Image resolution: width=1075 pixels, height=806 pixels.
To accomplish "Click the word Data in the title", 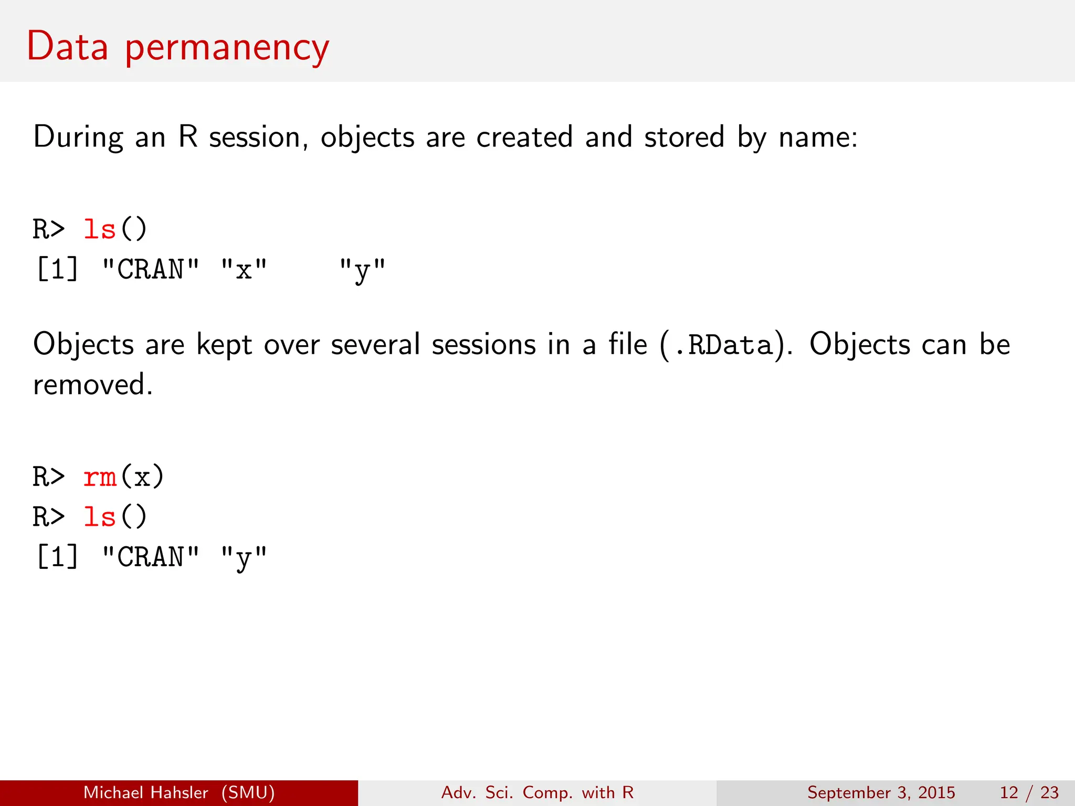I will click(67, 47).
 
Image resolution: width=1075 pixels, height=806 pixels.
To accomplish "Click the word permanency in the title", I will click(227, 48).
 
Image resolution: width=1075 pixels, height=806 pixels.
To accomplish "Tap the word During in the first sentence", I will click(78, 137).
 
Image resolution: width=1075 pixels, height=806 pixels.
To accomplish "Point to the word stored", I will click(684, 137).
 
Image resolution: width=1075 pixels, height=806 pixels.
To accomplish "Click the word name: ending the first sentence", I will click(818, 137).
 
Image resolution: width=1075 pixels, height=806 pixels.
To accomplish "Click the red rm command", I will click(100, 477).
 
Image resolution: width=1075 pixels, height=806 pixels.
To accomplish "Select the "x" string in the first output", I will click(244, 270).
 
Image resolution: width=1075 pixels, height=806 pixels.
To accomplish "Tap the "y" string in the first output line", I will click(362, 271).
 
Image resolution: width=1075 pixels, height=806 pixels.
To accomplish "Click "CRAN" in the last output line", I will click(151, 557).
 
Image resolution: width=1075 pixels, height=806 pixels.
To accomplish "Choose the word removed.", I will click(92, 385).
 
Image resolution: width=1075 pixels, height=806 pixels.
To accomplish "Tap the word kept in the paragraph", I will click(224, 345).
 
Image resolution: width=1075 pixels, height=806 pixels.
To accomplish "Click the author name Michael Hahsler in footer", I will click(146, 792).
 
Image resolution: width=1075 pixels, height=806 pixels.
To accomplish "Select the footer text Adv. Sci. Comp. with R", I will click(537, 792).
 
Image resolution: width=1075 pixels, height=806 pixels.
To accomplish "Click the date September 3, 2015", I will click(881, 792).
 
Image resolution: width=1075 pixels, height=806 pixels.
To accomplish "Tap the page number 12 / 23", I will click(1029, 792).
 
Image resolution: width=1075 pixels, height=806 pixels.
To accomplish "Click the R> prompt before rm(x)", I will click(49, 477).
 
